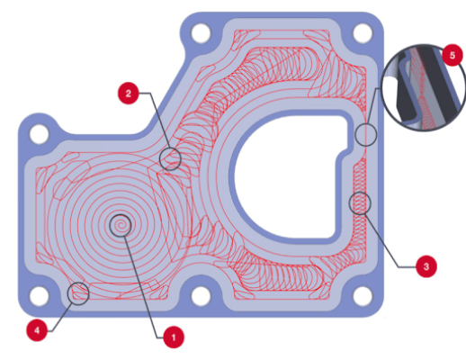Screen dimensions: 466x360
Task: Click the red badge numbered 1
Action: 174,337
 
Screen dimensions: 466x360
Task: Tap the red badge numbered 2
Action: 129,94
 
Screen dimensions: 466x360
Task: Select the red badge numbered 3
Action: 426,266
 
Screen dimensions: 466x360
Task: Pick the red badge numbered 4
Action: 37,330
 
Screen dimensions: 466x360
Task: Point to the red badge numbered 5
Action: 453,56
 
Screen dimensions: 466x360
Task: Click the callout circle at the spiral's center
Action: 121,225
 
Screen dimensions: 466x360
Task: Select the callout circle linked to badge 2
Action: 170,159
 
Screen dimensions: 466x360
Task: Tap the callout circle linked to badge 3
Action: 360,203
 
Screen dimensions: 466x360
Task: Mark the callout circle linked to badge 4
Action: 78,293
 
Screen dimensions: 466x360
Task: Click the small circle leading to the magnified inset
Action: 366,135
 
